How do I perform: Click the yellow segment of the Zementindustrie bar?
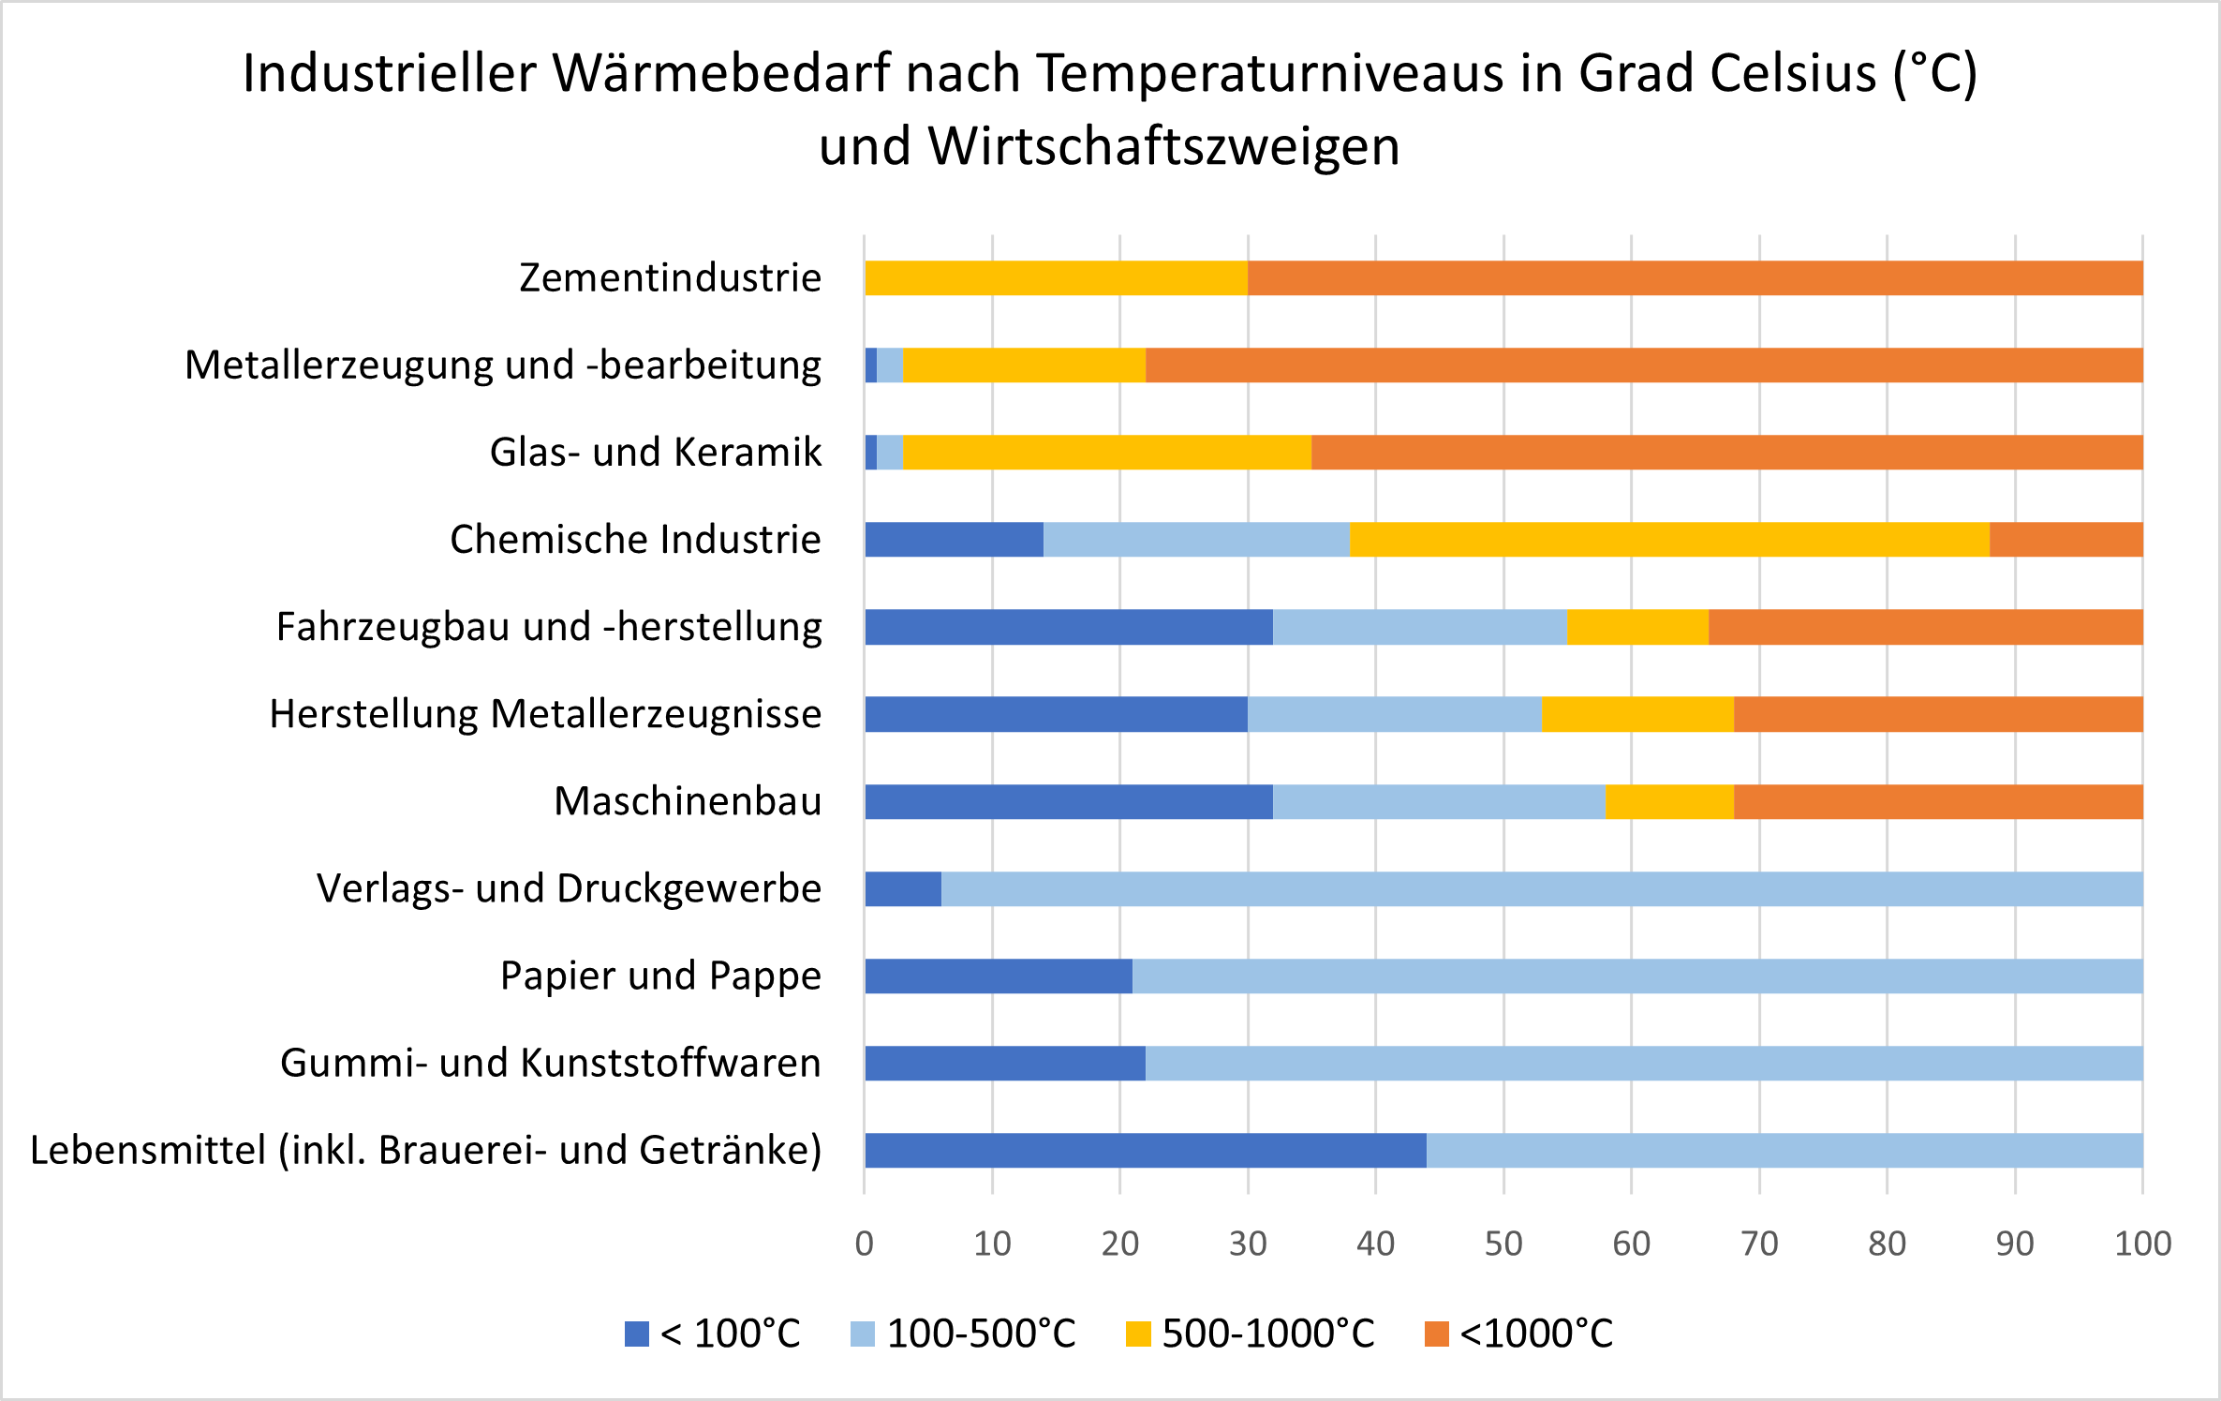(x=1056, y=278)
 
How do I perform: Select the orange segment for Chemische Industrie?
(x=2066, y=540)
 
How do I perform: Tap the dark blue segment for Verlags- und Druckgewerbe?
(x=903, y=888)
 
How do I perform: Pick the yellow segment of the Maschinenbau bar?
(x=1669, y=801)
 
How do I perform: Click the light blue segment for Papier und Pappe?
(x=1637, y=976)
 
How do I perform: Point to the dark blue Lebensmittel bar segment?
(x=1145, y=1150)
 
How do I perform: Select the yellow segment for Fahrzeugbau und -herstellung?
(x=1637, y=627)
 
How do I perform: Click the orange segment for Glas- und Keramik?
(x=1726, y=453)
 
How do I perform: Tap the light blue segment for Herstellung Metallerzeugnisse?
(x=1394, y=714)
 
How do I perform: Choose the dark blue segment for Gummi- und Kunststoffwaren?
(x=1004, y=1063)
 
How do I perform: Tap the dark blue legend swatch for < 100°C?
(x=637, y=1334)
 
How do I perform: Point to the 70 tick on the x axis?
(x=1759, y=1244)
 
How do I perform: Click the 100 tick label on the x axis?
(x=2142, y=1244)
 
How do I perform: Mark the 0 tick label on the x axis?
(x=864, y=1244)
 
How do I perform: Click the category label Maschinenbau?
(x=688, y=801)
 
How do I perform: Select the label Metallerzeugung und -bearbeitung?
(x=503, y=365)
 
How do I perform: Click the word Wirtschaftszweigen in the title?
(x=1163, y=147)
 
